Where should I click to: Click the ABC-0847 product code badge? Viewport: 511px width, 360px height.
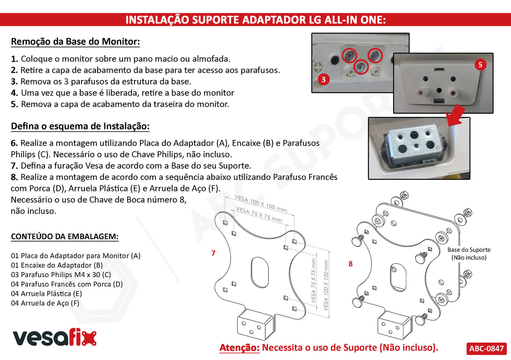pos(486,348)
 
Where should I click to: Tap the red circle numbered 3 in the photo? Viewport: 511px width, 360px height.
pos(324,80)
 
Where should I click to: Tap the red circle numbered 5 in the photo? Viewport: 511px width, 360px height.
pos(481,65)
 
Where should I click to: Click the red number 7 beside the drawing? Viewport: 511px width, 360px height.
pos(213,253)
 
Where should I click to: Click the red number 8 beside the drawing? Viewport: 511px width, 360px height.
pos(350,264)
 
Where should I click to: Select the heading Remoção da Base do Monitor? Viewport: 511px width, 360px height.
pos(75,41)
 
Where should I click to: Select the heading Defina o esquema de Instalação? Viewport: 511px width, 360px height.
pos(80,126)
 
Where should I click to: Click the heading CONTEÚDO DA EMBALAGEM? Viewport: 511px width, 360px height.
pos(65,236)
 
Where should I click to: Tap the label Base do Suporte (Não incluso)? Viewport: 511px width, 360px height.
pos(469,254)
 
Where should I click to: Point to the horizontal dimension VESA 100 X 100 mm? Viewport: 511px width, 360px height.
pos(261,203)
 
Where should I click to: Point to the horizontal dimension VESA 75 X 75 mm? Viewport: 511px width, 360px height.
pos(259,214)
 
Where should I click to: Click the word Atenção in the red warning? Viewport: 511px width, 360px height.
pos(239,348)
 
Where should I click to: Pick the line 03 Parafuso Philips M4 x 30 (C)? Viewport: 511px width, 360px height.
pos(61,274)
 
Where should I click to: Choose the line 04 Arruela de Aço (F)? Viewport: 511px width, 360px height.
pos(45,303)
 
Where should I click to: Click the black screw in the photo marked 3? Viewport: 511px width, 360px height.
pos(335,60)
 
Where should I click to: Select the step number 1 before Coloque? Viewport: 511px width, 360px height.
pos(14,59)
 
